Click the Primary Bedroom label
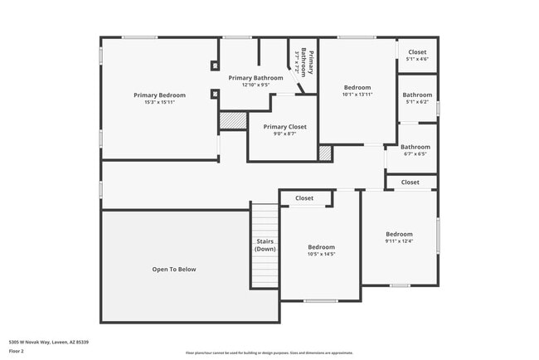point(159,95)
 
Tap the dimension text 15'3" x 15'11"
point(159,102)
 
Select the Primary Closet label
point(284,127)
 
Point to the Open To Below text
point(174,269)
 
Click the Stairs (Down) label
point(265,245)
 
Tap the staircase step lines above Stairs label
point(265,220)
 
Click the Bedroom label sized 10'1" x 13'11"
point(357,87)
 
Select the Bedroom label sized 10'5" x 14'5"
point(321,247)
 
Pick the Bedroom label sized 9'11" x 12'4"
point(399,234)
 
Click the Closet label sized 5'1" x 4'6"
point(417,52)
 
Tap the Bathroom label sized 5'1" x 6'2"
point(417,95)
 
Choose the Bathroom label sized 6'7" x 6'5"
point(415,147)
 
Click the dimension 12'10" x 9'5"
point(256,85)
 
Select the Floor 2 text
point(17,350)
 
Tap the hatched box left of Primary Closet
point(233,121)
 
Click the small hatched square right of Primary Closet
point(325,153)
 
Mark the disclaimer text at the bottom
point(269,353)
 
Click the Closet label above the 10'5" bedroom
point(304,198)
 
